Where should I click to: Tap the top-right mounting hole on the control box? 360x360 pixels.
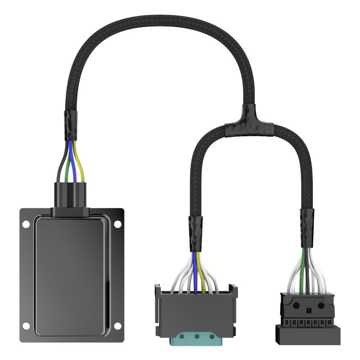click(x=117, y=224)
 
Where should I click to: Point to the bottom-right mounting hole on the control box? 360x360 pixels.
click(x=117, y=326)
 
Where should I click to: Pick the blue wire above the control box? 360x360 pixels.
click(x=72, y=160)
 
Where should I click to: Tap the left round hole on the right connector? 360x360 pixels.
click(x=296, y=305)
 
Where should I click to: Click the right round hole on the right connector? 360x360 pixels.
click(x=321, y=305)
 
